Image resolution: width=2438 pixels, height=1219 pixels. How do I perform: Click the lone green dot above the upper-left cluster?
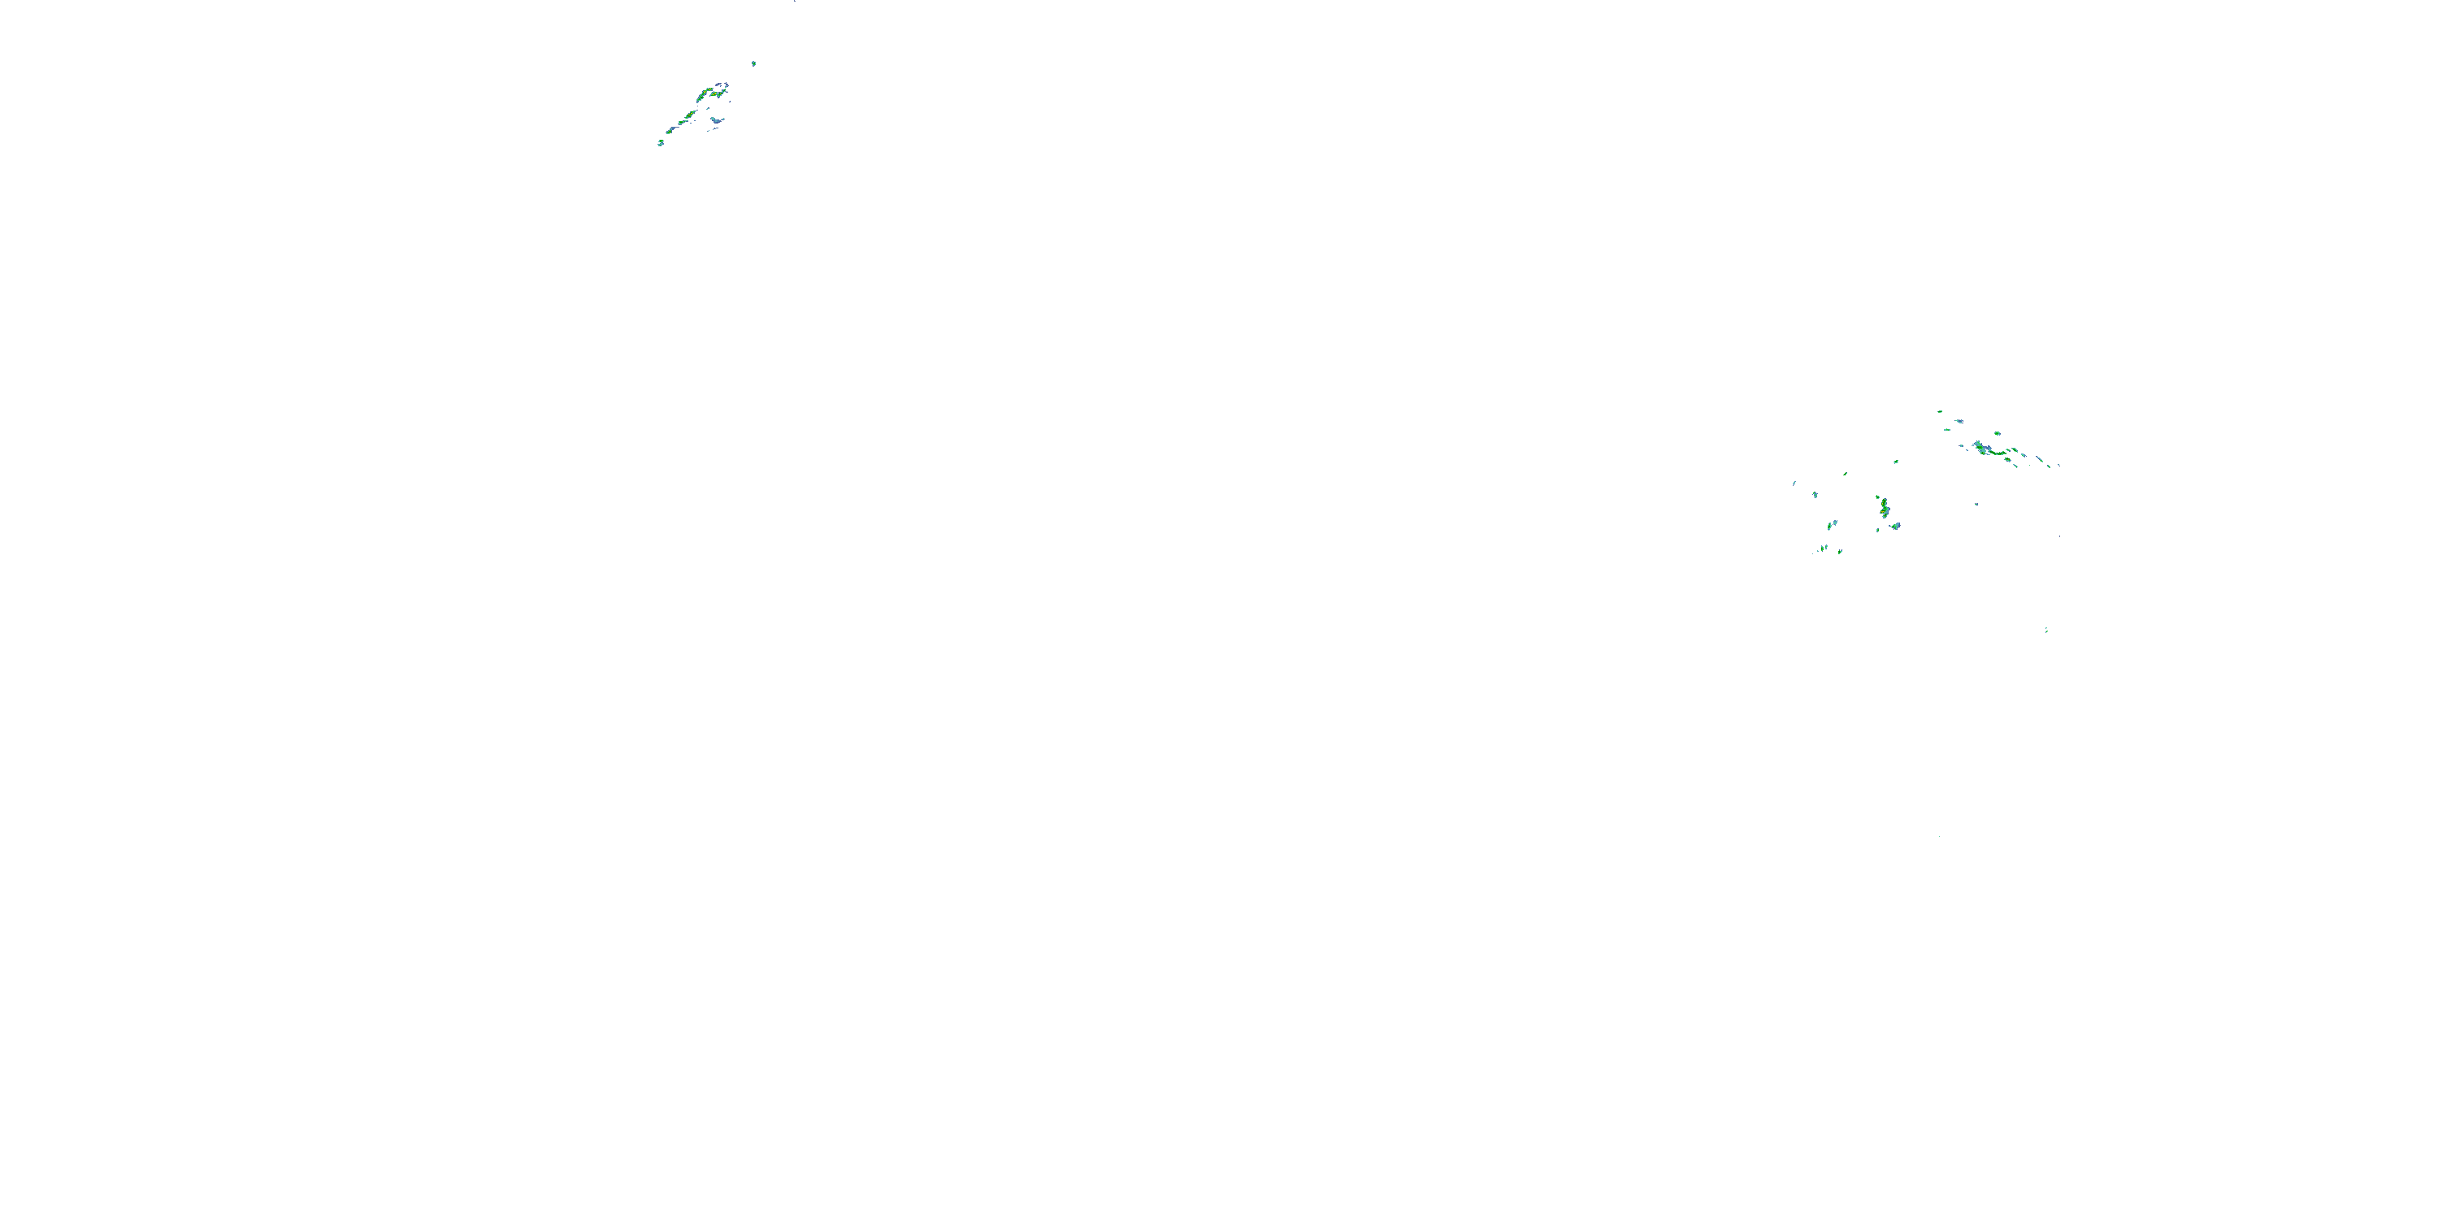(x=753, y=63)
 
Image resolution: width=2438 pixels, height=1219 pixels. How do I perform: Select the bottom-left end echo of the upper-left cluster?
(x=661, y=143)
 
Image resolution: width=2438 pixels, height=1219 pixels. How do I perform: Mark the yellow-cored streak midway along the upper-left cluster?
(x=690, y=115)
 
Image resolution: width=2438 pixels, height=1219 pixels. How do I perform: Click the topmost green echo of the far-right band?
(x=1939, y=412)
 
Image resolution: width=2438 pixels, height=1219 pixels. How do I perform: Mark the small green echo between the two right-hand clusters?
(x=1896, y=462)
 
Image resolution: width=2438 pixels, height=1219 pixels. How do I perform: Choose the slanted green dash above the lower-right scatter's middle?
(x=1845, y=474)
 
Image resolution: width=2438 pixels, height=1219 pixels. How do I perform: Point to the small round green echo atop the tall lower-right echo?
(x=1878, y=496)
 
